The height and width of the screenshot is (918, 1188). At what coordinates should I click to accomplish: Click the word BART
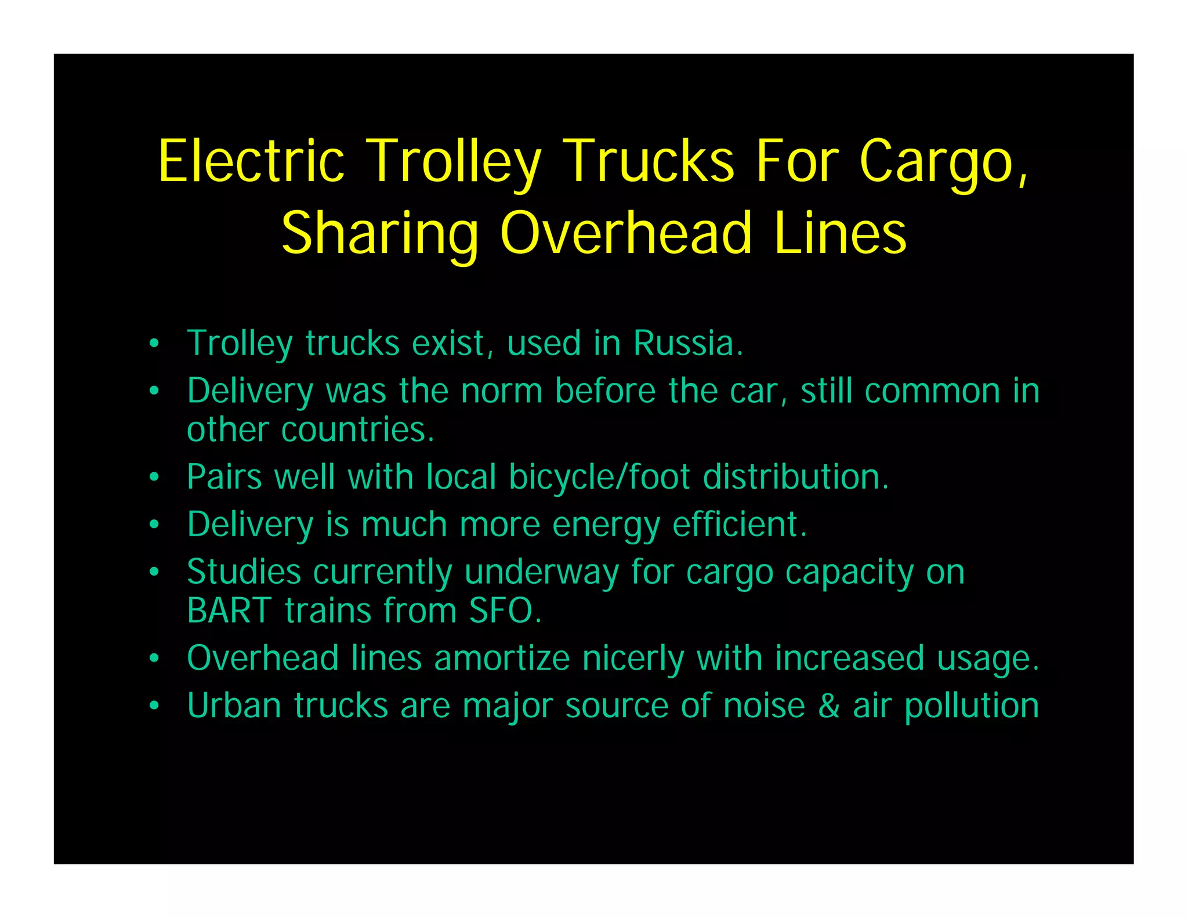pyautogui.click(x=229, y=610)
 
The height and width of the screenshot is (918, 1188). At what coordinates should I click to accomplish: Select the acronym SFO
pyautogui.click(x=505, y=610)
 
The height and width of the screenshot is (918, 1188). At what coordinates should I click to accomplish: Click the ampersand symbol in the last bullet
pyautogui.click(x=829, y=706)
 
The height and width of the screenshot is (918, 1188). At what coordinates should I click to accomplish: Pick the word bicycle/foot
pyautogui.click(x=599, y=477)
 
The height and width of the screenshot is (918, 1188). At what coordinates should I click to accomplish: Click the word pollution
pyautogui.click(x=972, y=707)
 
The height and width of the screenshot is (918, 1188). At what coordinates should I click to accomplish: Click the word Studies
pyautogui.click(x=244, y=572)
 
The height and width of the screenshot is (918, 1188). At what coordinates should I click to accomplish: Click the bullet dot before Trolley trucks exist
pyautogui.click(x=154, y=344)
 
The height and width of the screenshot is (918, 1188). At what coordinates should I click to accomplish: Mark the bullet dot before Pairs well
pyautogui.click(x=154, y=478)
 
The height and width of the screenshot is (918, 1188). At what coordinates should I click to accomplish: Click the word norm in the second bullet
pyautogui.click(x=501, y=391)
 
